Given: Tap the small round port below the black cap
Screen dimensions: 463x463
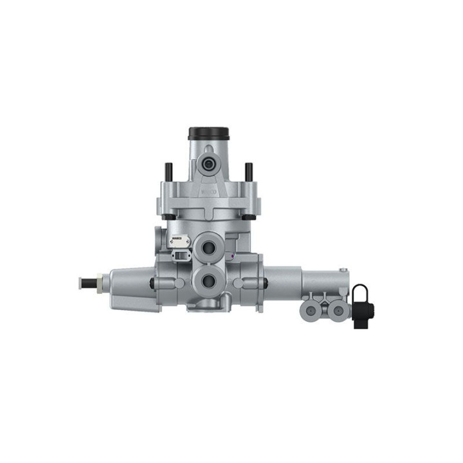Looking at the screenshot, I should click(208, 165).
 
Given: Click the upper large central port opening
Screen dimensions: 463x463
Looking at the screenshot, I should click(208, 247).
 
